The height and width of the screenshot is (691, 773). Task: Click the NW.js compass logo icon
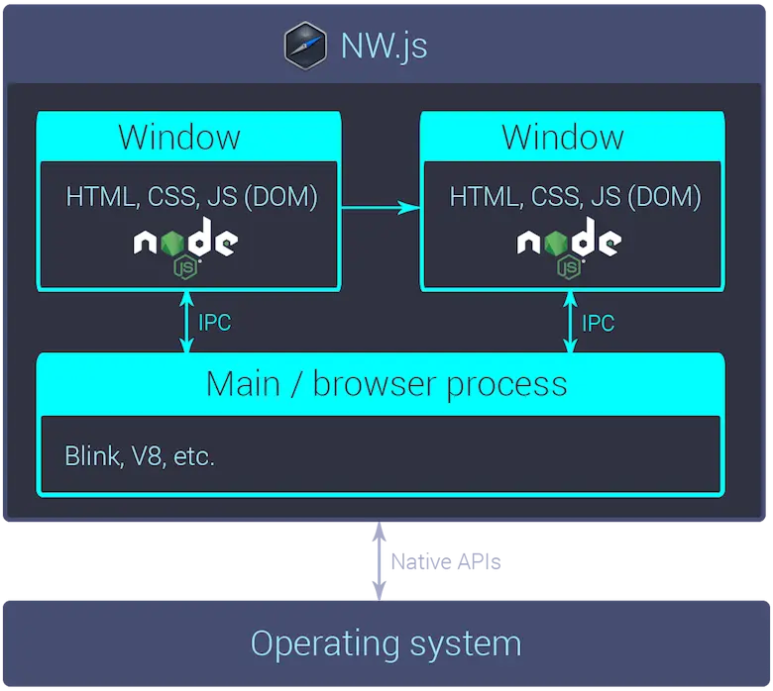tap(305, 47)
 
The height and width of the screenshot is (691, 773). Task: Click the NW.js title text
tap(385, 47)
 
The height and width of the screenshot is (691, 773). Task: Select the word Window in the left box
tap(179, 137)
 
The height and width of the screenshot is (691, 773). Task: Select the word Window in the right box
tap(563, 137)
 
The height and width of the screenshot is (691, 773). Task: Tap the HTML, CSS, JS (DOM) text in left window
tap(191, 196)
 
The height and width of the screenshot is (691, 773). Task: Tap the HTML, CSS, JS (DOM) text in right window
tap(575, 196)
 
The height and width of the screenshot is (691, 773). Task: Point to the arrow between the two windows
tap(381, 207)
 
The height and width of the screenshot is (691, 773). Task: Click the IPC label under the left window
tap(214, 323)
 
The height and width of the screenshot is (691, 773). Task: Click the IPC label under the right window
tap(598, 323)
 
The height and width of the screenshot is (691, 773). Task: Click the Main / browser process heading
tap(386, 383)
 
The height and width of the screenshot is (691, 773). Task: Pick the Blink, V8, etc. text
tap(140, 456)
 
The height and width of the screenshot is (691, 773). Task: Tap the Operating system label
tap(386, 643)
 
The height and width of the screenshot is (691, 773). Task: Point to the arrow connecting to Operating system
tap(377, 560)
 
